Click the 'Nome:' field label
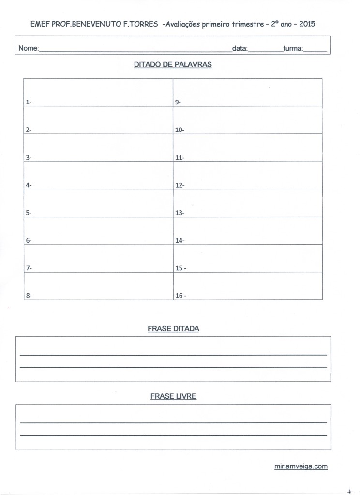click(29, 49)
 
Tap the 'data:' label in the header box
click(240, 49)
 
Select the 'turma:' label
click(293, 49)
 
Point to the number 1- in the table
click(29, 102)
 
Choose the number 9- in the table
click(178, 102)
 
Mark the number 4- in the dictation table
click(29, 185)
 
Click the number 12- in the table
click(180, 185)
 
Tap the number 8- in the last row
click(29, 296)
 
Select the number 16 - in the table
click(180, 296)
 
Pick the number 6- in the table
click(29, 240)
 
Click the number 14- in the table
click(180, 240)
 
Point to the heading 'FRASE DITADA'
click(173, 328)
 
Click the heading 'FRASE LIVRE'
click(173, 396)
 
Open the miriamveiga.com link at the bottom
click(300, 466)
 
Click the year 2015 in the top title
click(307, 23)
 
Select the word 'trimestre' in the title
click(243, 23)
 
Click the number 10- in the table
click(180, 130)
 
